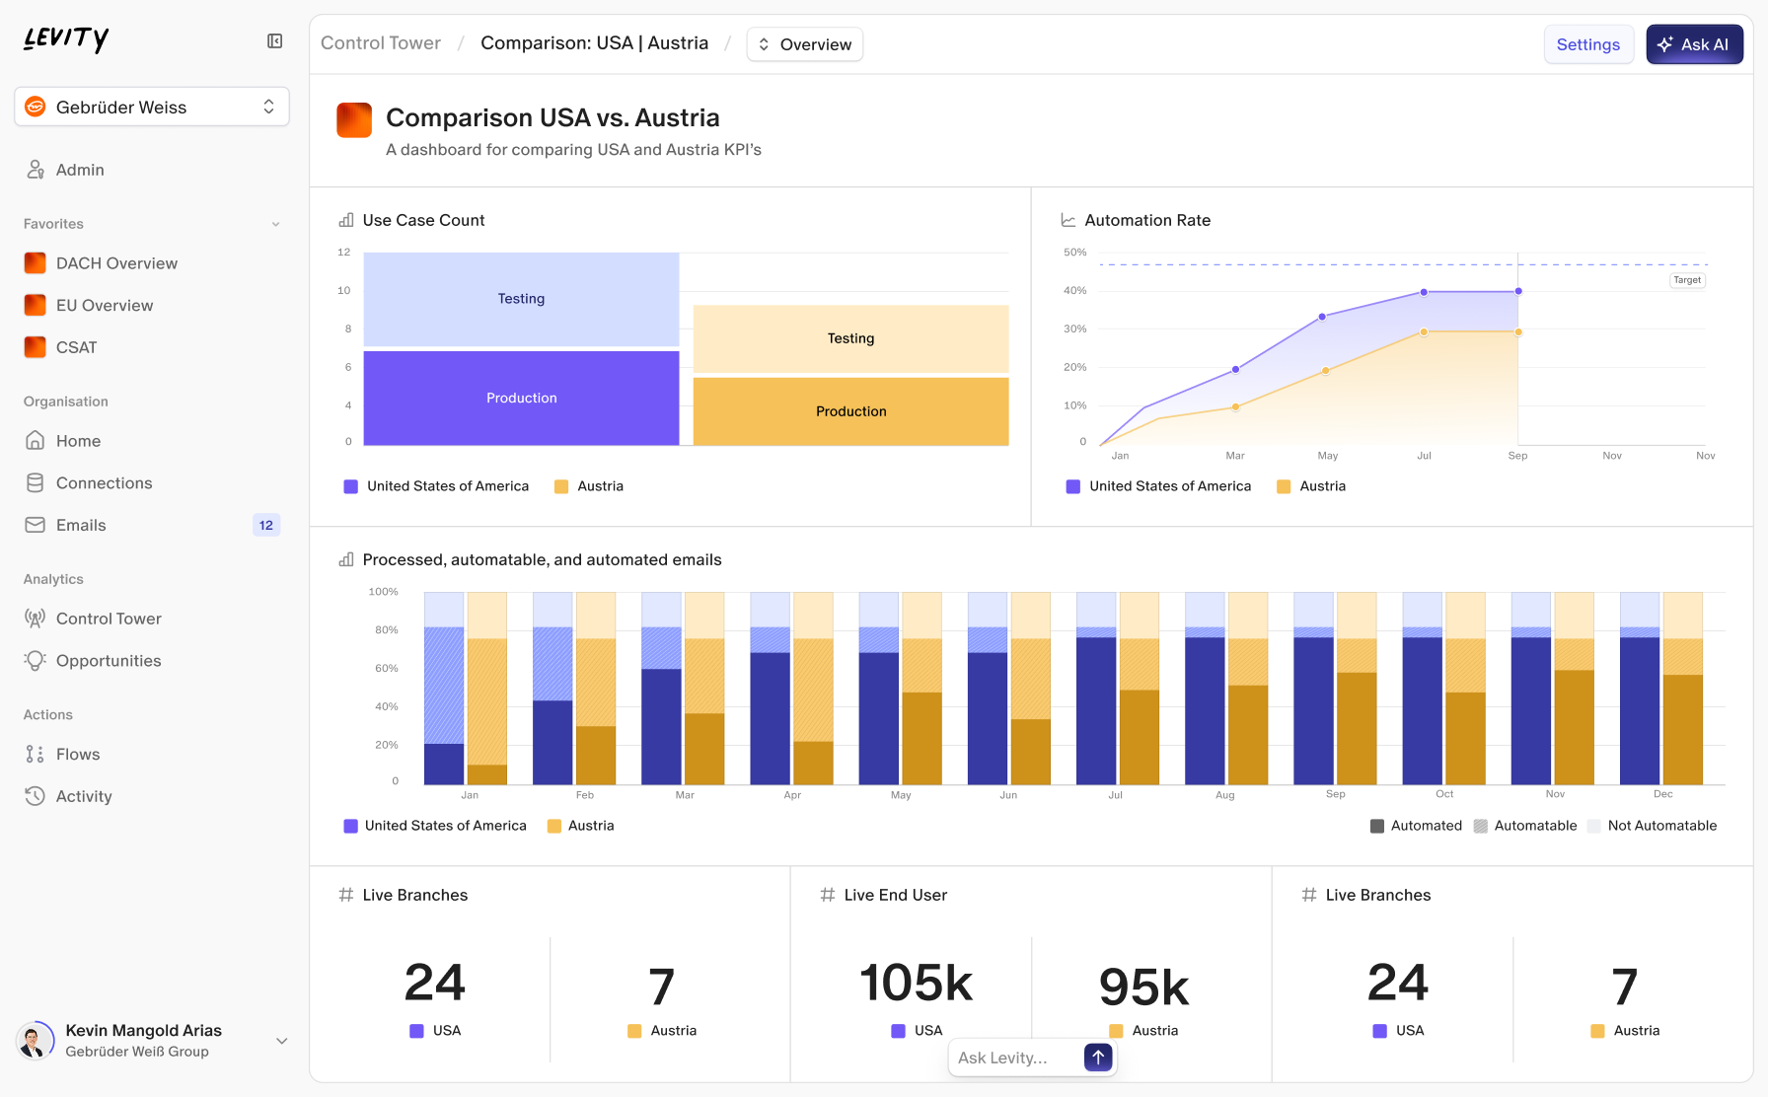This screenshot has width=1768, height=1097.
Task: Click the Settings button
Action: click(1587, 44)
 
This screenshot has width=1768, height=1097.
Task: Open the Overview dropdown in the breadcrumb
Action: click(804, 44)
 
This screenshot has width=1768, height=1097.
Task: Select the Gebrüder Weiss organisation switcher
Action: click(152, 107)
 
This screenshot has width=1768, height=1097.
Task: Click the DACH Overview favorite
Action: click(116, 263)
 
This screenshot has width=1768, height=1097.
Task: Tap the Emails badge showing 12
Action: click(265, 525)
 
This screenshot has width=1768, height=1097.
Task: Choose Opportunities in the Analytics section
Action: click(109, 661)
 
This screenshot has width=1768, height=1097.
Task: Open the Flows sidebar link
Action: click(78, 755)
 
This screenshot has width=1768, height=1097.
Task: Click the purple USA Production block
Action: click(521, 398)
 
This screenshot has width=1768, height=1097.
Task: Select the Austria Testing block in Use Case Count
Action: click(850, 338)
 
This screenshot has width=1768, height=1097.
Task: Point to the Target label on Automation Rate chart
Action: click(1686, 280)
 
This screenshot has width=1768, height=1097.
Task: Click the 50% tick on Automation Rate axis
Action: click(1074, 253)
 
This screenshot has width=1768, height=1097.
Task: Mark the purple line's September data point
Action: click(1517, 291)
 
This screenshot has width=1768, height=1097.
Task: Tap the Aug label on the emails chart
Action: click(1224, 795)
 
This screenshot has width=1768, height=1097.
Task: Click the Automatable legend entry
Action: click(1534, 826)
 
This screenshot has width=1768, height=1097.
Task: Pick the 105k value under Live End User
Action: click(916, 983)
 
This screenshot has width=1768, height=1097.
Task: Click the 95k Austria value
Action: click(1143, 987)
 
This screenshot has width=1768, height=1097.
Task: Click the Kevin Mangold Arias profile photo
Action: click(36, 1041)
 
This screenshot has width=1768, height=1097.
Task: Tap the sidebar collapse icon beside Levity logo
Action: click(275, 40)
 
